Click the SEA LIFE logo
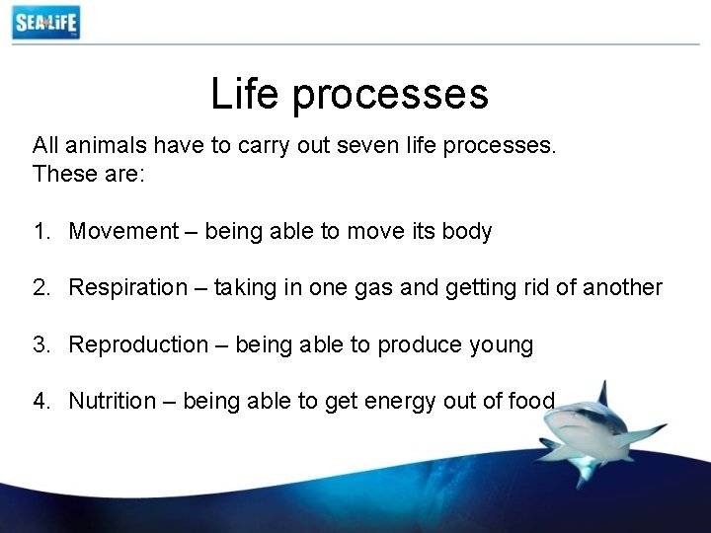pyautogui.click(x=45, y=22)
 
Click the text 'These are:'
pyautogui.click(x=88, y=174)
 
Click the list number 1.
pyautogui.click(x=39, y=231)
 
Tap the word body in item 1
pyautogui.click(x=467, y=232)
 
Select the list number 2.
pyautogui.click(x=39, y=287)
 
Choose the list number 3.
pyautogui.click(x=39, y=344)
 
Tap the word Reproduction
pyautogui.click(x=138, y=344)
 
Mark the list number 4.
pyautogui.click(x=39, y=401)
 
